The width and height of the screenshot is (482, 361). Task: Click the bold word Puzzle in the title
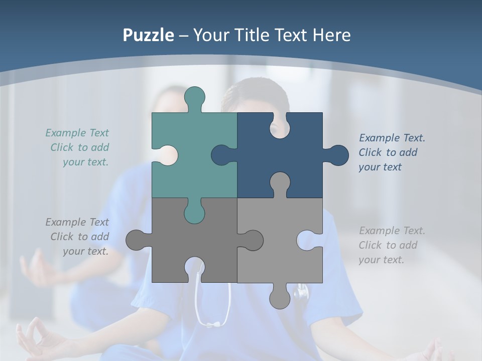tap(149, 35)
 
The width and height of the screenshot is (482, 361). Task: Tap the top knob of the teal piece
tap(195, 97)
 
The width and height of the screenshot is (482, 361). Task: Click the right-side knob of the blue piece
tap(336, 155)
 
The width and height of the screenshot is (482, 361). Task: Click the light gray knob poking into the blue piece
tap(280, 183)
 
